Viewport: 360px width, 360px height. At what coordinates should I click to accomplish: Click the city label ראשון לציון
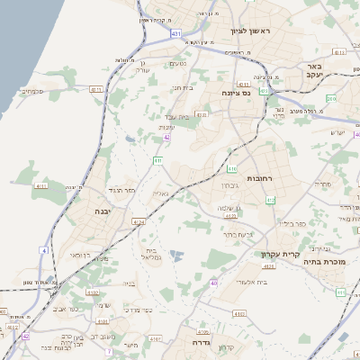tap(274, 31)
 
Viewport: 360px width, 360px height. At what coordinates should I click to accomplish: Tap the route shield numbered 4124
tap(139, 221)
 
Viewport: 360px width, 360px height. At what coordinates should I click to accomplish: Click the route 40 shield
tap(214, 283)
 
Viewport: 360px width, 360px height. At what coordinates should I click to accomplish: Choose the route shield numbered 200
tap(330, 100)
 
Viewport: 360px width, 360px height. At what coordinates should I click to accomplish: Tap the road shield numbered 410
tap(232, 168)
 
